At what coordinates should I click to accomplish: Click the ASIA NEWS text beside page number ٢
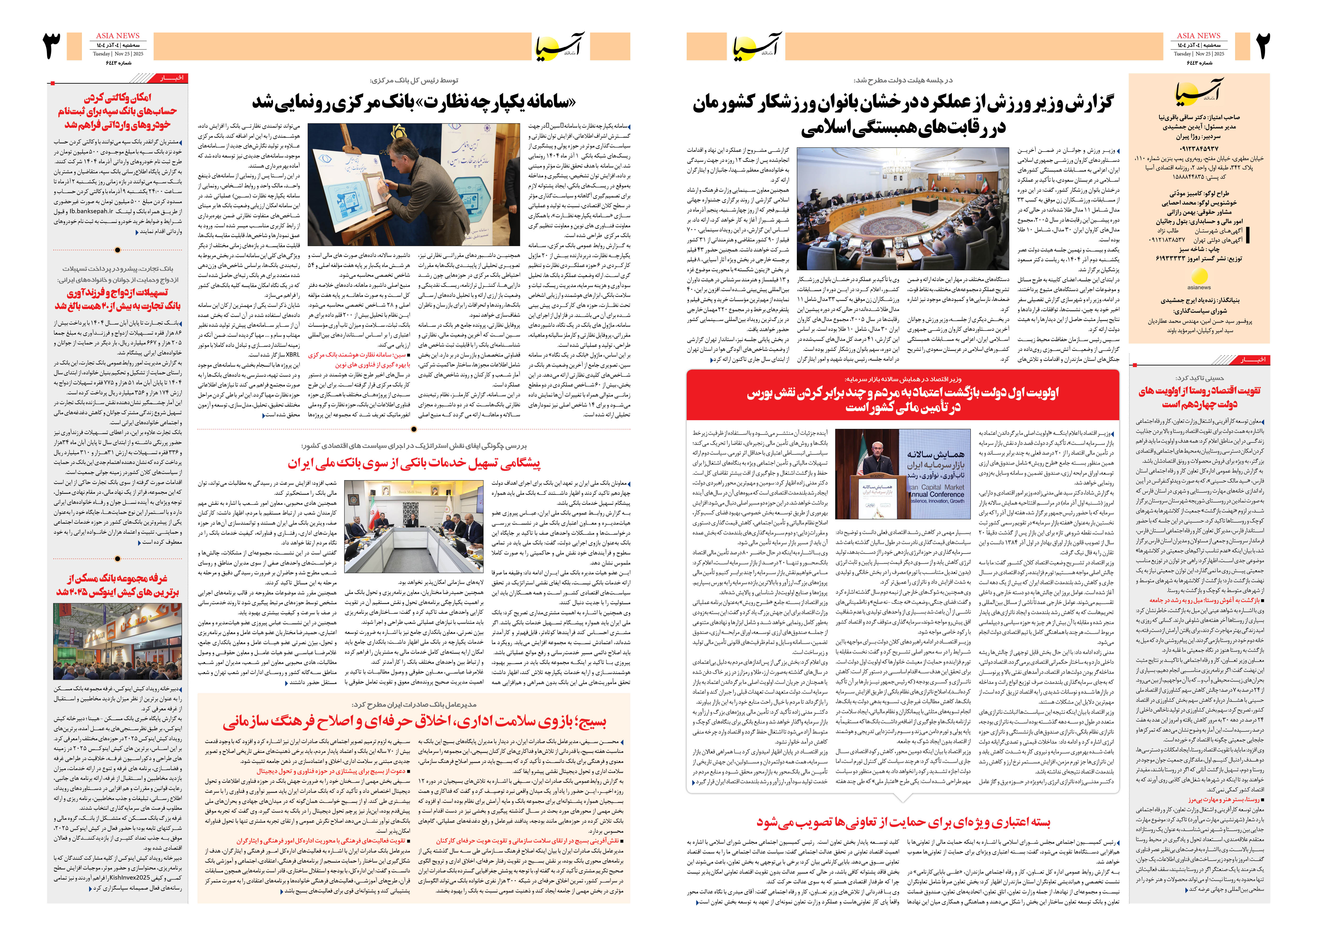click(1198, 35)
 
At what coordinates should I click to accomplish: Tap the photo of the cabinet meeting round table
click(903, 209)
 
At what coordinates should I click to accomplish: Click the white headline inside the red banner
click(902, 400)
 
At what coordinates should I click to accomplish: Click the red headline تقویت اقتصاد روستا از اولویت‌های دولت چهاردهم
click(1199, 397)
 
